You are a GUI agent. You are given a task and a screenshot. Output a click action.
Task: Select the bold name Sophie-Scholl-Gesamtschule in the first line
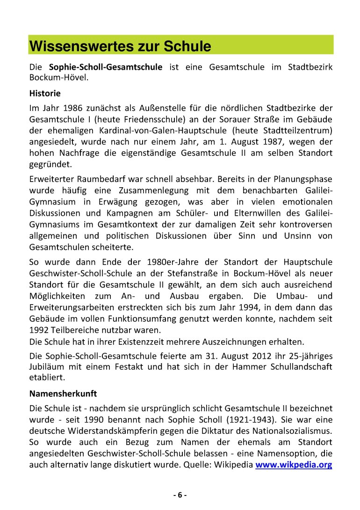[106, 67]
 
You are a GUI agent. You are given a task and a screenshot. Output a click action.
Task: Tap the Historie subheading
[45, 93]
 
